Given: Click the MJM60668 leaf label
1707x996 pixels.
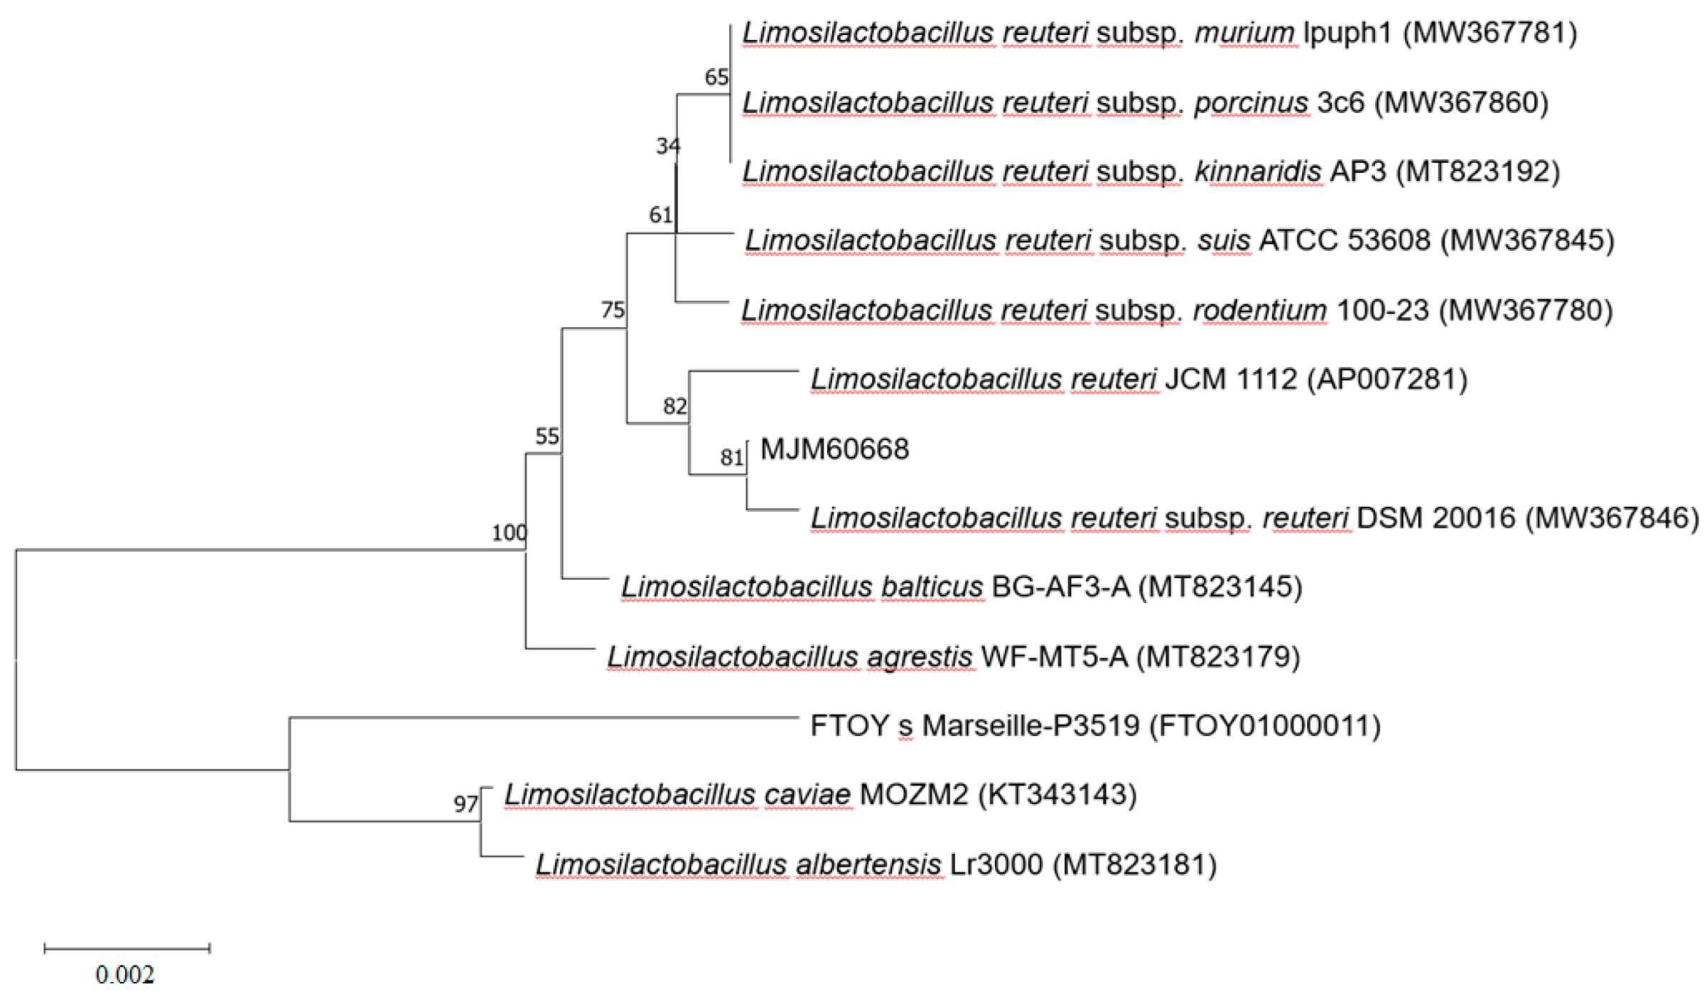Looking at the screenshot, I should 834,449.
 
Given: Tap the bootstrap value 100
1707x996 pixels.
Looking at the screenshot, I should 509,532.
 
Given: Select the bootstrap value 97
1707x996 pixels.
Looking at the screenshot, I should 465,804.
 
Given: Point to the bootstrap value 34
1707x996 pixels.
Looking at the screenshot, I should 667,146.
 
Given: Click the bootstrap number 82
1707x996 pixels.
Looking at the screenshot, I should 674,406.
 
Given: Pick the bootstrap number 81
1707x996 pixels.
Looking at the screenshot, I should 731,457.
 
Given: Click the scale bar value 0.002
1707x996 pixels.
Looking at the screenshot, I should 125,974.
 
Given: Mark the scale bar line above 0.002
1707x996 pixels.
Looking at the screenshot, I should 126,948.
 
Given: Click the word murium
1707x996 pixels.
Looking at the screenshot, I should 1244,33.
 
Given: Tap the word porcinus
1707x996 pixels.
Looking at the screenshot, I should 1251,102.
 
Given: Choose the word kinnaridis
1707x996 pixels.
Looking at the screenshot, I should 1258,171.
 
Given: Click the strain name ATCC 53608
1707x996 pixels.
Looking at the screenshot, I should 1345,240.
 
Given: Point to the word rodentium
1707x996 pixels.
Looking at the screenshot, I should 1259,310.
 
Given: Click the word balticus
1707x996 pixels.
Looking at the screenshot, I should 932,587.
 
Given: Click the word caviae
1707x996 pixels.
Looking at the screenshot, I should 807,794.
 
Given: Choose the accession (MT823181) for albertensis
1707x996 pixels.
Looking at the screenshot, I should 1134,864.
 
